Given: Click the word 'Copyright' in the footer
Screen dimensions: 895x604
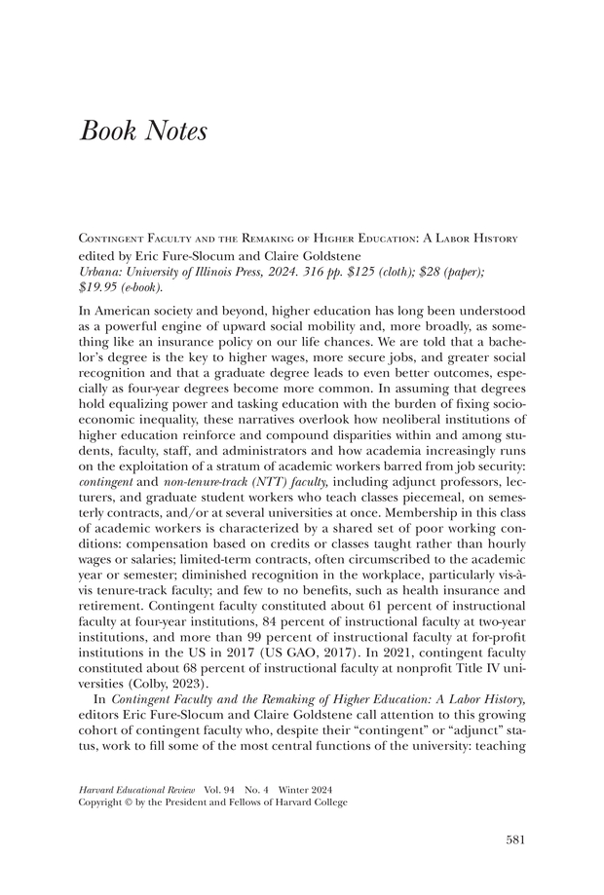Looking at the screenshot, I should point(101,802).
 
